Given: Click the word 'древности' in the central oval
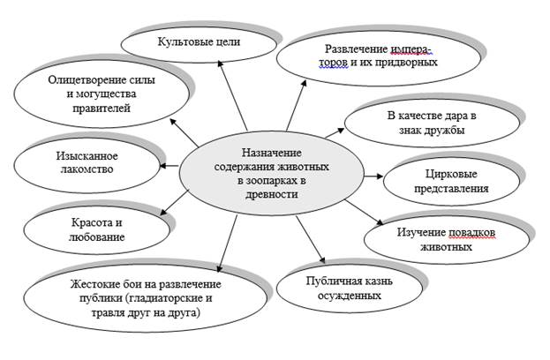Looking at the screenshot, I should [x=273, y=195].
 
